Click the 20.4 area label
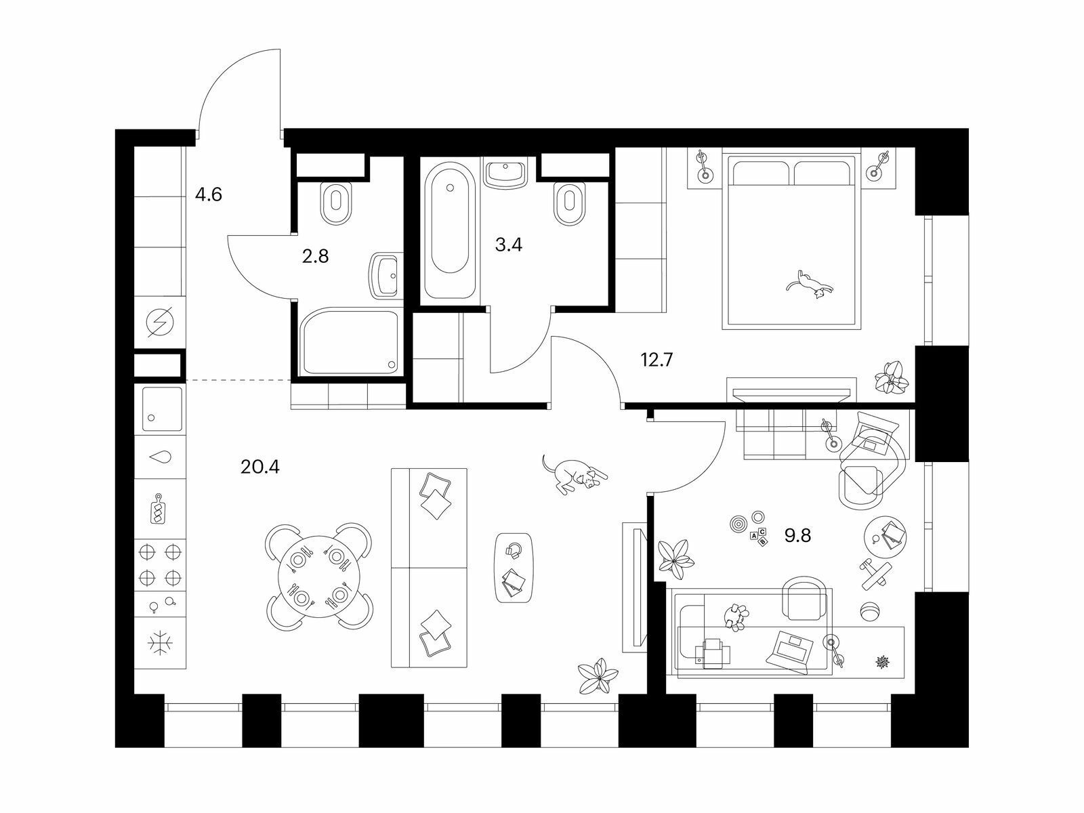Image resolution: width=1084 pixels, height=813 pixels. [x=259, y=467]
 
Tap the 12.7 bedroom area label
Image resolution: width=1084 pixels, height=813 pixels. [x=656, y=360]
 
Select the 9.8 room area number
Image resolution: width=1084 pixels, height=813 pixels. [x=797, y=536]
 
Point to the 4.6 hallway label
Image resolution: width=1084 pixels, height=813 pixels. [x=209, y=195]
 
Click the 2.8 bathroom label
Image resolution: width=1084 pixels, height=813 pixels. [x=315, y=256]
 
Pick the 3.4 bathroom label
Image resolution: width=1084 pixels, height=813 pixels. [x=509, y=245]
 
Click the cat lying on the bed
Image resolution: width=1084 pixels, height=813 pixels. [x=810, y=285]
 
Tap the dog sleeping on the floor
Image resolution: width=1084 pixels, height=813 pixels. [x=575, y=474]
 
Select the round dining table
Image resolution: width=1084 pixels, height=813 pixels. [x=319, y=577]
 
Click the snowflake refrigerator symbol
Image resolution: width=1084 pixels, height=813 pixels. [x=161, y=644]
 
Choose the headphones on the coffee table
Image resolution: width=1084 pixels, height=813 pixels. [x=514, y=550]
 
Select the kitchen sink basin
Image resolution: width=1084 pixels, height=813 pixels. [x=162, y=409]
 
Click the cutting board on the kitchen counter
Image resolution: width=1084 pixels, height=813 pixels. [x=158, y=509]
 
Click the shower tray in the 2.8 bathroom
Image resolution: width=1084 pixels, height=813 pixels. [x=350, y=342]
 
